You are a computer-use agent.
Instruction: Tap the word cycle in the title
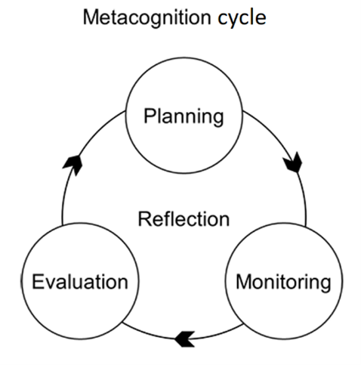click(240, 17)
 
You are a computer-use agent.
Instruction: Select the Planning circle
click(184, 118)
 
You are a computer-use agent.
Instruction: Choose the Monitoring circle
click(283, 283)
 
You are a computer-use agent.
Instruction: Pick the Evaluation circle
click(79, 283)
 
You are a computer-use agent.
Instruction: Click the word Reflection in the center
click(184, 219)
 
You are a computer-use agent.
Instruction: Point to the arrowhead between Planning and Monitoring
click(295, 162)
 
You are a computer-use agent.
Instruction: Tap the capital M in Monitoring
click(243, 283)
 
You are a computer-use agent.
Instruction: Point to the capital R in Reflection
click(144, 219)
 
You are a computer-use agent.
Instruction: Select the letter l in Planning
click(160, 117)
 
